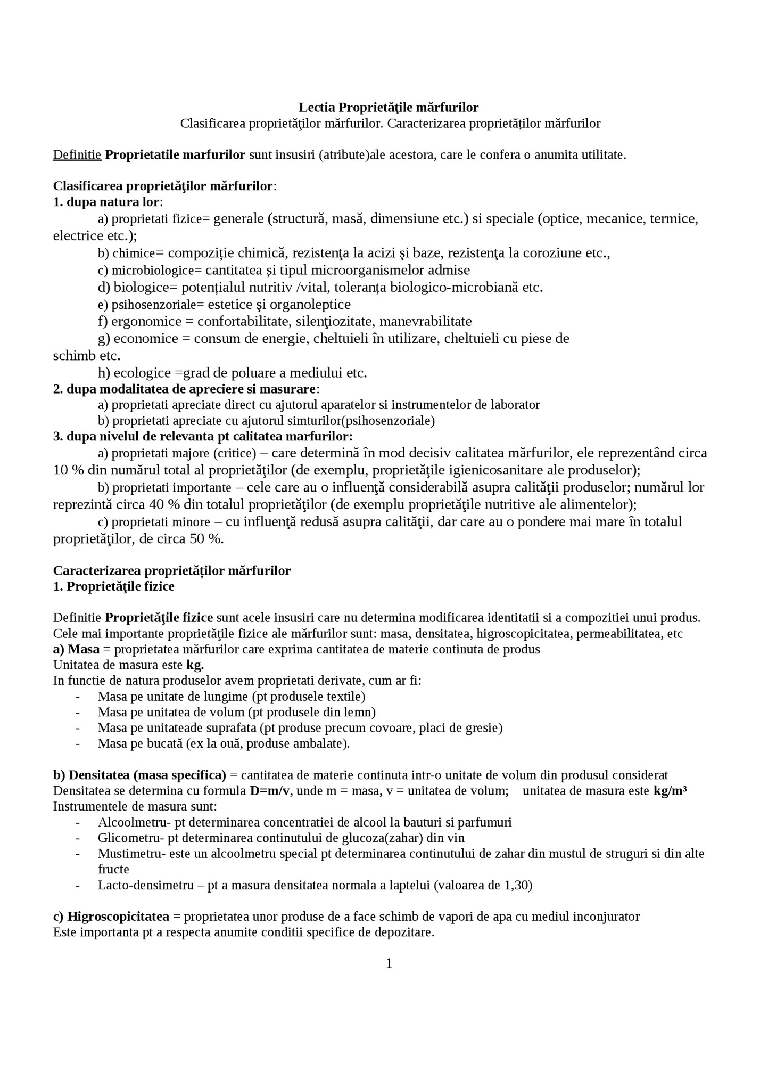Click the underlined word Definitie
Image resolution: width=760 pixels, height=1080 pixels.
tap(77, 155)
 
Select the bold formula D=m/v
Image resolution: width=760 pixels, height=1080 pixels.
tap(270, 790)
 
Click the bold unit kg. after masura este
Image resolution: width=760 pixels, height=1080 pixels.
tap(195, 665)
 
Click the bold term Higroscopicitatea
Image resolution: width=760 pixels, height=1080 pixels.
tap(118, 917)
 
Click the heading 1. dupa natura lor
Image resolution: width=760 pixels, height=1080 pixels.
tap(106, 202)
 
